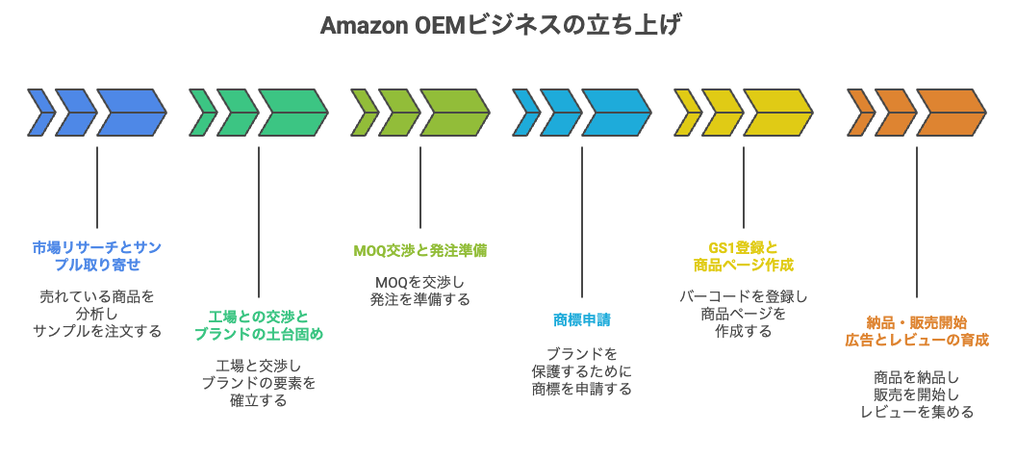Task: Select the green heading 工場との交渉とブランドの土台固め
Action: coord(259,325)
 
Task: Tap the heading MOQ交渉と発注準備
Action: coord(419,250)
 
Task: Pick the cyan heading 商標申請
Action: coord(582,319)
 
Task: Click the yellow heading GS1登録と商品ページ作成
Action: coord(744,255)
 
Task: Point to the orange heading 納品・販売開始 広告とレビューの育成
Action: coord(916,331)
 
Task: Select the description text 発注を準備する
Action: coord(419,299)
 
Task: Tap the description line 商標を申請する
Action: coord(582,389)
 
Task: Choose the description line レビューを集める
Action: coord(916,412)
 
